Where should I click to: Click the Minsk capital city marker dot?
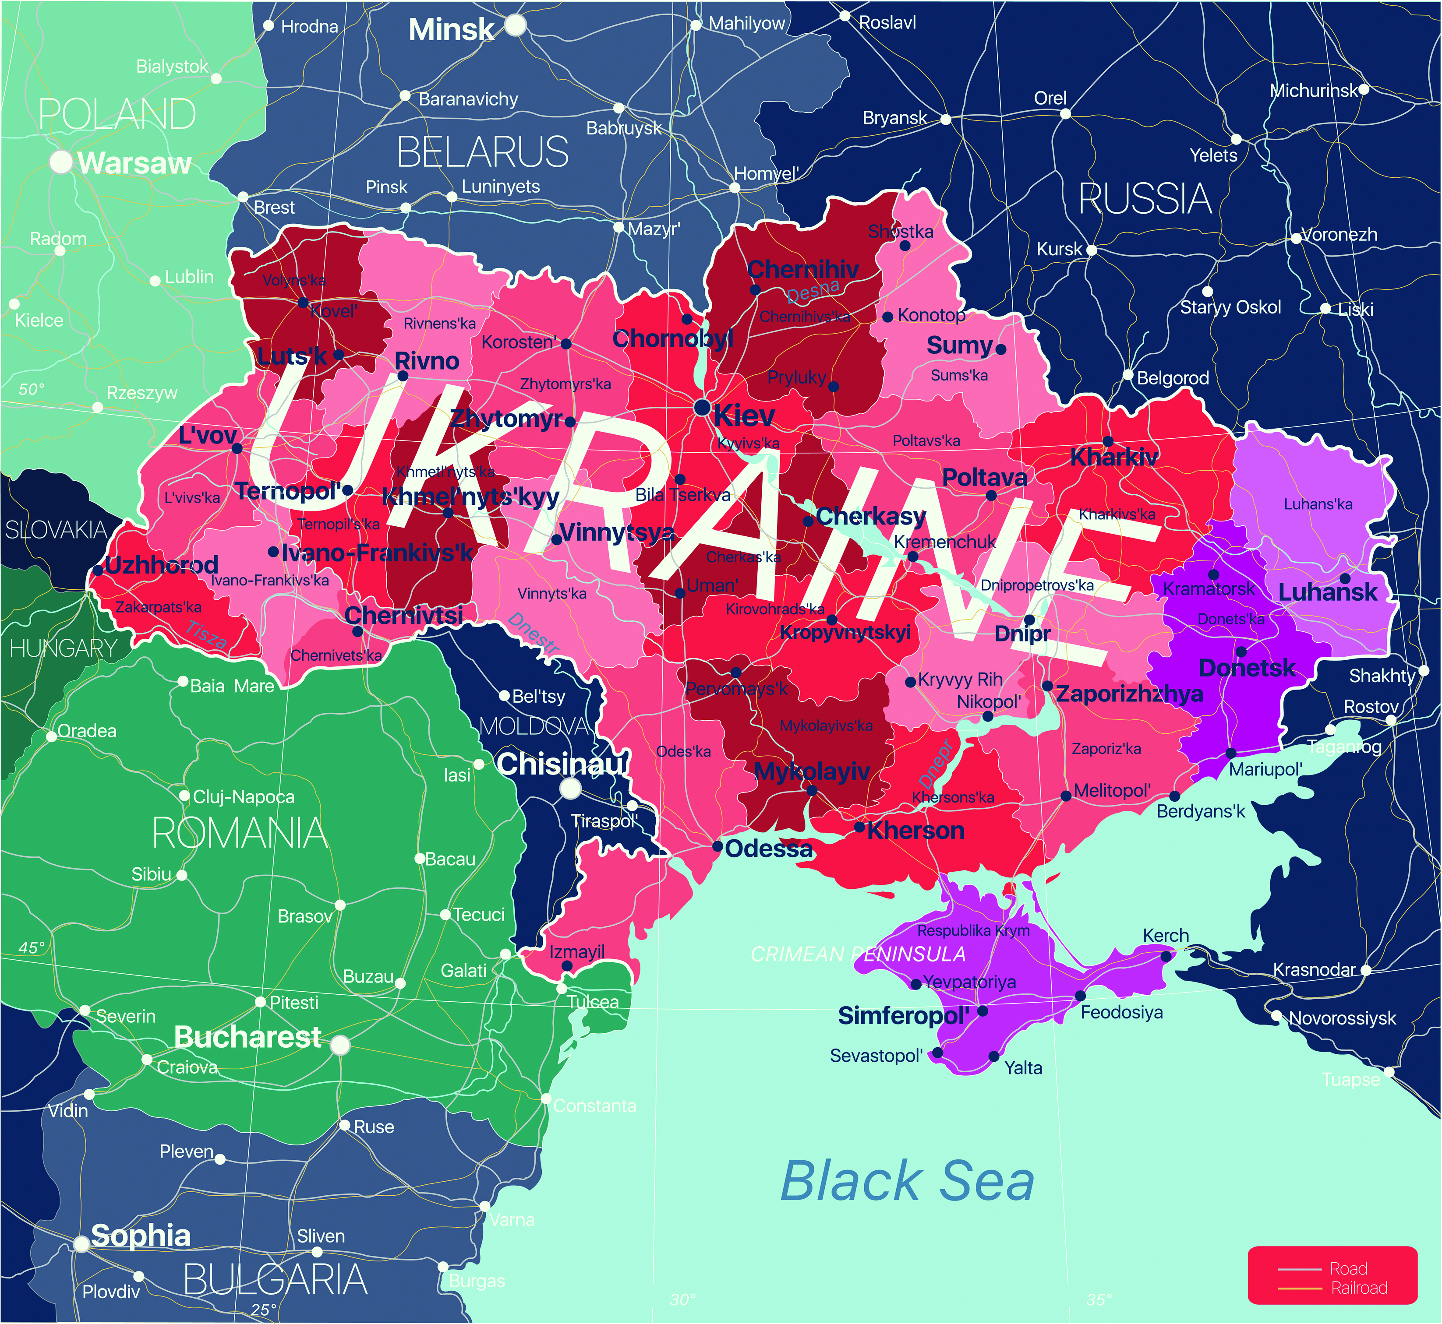click(x=515, y=26)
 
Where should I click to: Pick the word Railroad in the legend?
click(x=1359, y=1288)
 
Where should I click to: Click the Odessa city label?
click(x=768, y=849)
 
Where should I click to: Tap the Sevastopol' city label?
click(x=876, y=1056)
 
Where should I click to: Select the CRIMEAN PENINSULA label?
click(x=858, y=954)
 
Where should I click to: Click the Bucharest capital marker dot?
click(x=340, y=1045)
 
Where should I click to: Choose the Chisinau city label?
click(x=560, y=764)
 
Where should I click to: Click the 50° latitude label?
click(x=32, y=389)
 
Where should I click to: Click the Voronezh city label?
click(x=1338, y=234)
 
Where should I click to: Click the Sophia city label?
click(x=141, y=1236)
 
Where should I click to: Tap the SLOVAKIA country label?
click(x=56, y=530)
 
